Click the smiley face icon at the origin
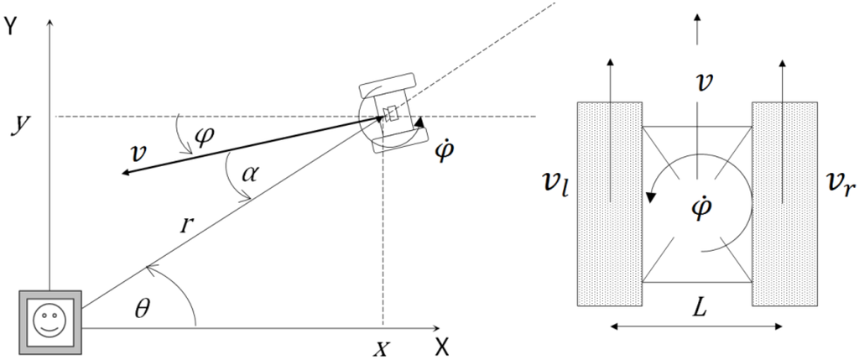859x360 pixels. (x=50, y=320)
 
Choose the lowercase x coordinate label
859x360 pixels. (x=381, y=347)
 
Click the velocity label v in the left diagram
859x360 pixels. (x=138, y=155)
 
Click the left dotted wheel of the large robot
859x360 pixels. (x=609, y=203)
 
